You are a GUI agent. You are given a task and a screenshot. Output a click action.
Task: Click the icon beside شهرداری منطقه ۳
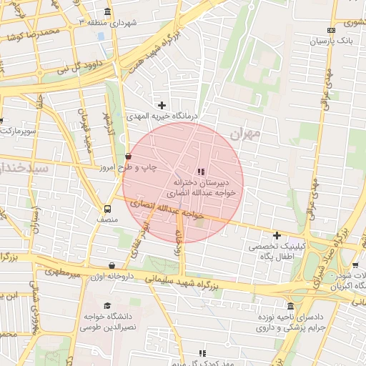pos(107,12)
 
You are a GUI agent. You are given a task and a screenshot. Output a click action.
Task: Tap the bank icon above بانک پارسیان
pos(330,30)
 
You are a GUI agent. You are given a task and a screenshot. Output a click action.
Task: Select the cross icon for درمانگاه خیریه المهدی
pos(162,105)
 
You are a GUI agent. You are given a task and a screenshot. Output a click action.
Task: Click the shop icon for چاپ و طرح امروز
pos(128,155)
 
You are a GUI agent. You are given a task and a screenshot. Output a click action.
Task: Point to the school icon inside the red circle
pos(201,172)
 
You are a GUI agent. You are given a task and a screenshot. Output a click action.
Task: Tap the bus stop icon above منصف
pos(107,209)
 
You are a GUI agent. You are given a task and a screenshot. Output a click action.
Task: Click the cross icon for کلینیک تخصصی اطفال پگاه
pos(277,235)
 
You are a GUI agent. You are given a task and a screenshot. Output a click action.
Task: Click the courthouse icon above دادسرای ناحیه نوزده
pos(289,305)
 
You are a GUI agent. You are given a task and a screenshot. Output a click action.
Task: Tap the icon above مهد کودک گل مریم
pos(203,353)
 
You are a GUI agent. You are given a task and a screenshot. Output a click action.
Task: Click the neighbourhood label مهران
pos(247,134)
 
